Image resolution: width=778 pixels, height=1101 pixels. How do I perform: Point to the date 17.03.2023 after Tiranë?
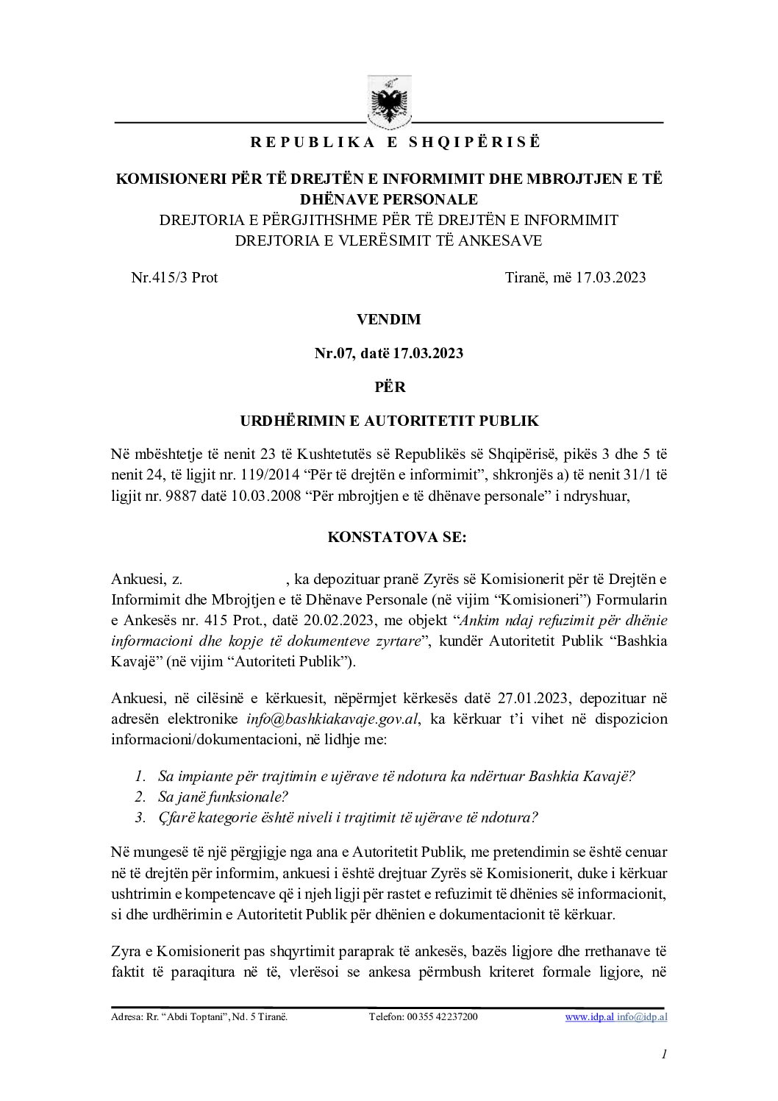click(611, 278)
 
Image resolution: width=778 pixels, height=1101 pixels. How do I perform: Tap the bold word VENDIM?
click(388, 320)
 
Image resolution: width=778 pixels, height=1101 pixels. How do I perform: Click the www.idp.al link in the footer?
click(589, 1017)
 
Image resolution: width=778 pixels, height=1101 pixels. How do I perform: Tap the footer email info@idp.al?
click(642, 1017)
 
